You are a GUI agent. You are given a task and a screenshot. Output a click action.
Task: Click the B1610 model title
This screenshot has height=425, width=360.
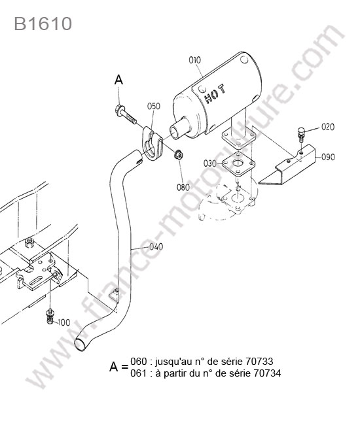click(43, 24)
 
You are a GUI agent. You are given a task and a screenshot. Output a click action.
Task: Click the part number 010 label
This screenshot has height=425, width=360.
click(194, 60)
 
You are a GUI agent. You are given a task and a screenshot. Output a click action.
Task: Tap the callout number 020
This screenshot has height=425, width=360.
click(328, 127)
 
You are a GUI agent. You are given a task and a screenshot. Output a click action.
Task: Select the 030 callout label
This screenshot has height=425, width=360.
click(210, 163)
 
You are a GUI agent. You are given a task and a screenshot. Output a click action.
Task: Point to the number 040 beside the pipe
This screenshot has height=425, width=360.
click(156, 246)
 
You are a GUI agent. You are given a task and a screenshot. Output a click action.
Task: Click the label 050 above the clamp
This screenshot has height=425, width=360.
click(154, 106)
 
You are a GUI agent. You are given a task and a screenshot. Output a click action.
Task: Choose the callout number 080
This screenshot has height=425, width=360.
click(183, 187)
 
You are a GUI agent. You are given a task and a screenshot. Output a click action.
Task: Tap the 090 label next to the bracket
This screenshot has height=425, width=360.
click(328, 157)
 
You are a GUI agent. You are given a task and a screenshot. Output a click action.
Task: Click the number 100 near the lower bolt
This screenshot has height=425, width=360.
click(63, 322)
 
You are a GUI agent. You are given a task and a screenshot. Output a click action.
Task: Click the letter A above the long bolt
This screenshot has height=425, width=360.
click(118, 80)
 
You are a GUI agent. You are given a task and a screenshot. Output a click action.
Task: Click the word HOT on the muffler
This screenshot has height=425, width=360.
click(214, 93)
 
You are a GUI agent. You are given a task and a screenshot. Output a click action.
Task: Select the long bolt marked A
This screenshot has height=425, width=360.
click(126, 115)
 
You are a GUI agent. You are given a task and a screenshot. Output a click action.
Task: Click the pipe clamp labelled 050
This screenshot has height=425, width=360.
click(152, 144)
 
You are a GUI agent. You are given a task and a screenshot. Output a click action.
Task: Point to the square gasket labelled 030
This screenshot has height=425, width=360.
click(238, 164)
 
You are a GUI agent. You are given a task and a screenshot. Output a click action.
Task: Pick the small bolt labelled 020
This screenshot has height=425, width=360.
click(301, 134)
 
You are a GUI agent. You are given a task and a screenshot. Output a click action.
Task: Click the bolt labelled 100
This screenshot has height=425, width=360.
click(50, 316)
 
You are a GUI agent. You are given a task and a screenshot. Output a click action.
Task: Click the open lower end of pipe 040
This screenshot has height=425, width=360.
click(81, 345)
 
